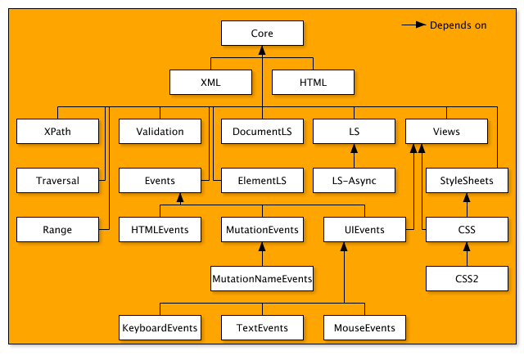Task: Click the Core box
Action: click(262, 34)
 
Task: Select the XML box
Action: click(210, 83)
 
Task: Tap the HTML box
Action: click(313, 83)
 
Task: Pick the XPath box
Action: click(57, 132)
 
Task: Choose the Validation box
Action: click(160, 132)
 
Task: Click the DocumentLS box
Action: click(262, 132)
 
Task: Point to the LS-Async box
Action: click(354, 181)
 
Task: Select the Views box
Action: click(446, 132)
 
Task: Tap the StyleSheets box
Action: click(467, 181)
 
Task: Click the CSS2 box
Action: click(467, 279)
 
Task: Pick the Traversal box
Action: click(57, 181)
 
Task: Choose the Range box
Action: click(57, 230)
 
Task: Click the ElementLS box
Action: click(262, 181)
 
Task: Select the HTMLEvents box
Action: click(160, 230)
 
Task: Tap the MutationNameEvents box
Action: click(262, 279)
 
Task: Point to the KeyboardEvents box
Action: click(160, 328)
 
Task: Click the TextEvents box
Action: click(262, 328)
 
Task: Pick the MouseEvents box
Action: click(364, 328)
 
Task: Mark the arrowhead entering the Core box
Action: click(262, 50)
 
